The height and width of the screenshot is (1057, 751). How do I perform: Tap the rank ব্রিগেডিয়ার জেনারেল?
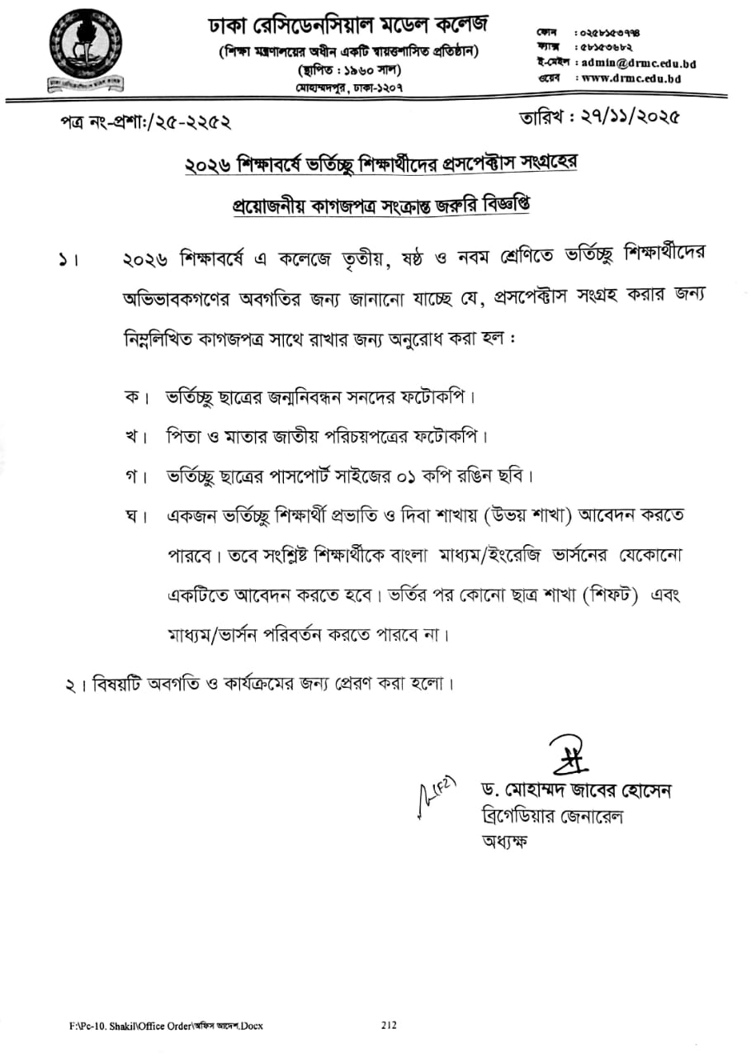click(x=551, y=817)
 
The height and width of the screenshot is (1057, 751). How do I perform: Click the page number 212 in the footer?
click(x=389, y=1025)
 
